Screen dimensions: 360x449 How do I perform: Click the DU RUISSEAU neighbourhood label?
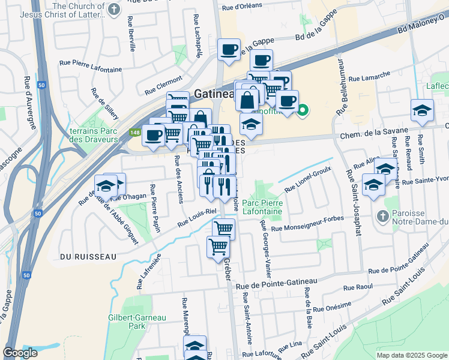(x=88, y=256)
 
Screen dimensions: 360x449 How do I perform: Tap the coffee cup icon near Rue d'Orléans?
(x=228, y=50)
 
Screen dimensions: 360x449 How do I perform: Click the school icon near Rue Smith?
(x=422, y=110)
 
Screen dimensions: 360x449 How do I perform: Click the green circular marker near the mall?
(x=303, y=109)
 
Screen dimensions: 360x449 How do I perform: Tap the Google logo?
(x=20, y=353)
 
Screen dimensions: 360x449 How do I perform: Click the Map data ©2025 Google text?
(x=412, y=355)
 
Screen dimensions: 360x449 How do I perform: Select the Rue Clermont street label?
(x=163, y=85)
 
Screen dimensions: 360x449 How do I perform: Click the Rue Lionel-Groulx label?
(x=307, y=178)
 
